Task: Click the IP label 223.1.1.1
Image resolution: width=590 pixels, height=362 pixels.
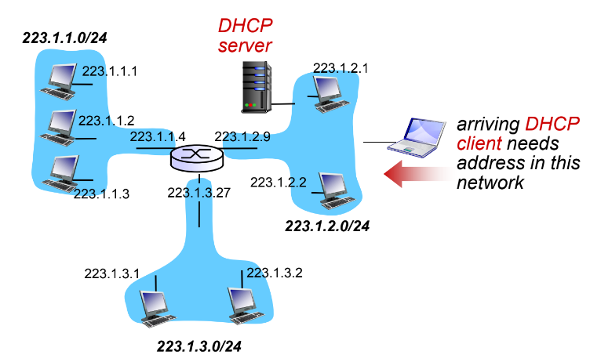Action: pyautogui.click(x=110, y=71)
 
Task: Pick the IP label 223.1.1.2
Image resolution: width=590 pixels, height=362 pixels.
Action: pyautogui.click(x=107, y=121)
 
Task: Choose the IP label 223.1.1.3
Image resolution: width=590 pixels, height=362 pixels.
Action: pyautogui.click(x=101, y=193)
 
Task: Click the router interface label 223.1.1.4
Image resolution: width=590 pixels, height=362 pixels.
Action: pyautogui.click(x=158, y=136)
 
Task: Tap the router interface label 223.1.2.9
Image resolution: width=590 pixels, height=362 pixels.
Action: pyautogui.click(x=242, y=136)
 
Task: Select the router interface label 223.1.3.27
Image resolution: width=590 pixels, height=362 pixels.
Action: pyautogui.click(x=199, y=193)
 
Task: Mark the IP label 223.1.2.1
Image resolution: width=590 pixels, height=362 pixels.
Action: pyautogui.click(x=341, y=68)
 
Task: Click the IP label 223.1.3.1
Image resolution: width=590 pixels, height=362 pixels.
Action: pyautogui.click(x=112, y=273)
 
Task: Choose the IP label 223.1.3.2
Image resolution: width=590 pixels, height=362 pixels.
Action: pyautogui.click(x=275, y=273)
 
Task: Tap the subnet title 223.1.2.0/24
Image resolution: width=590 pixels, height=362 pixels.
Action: pyautogui.click(x=327, y=226)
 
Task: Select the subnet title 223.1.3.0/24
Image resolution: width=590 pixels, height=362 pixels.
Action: pyautogui.click(x=199, y=346)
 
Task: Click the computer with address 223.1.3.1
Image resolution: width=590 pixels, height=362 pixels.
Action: pyautogui.click(x=153, y=306)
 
